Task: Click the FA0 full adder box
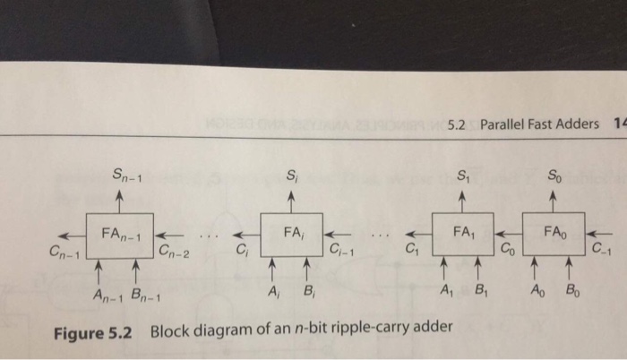[x=553, y=235]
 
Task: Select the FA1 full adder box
[x=463, y=235]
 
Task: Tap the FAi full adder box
[x=290, y=236]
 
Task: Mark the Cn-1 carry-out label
[x=65, y=254]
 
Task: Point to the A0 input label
[x=537, y=291]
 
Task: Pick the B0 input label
[x=571, y=291]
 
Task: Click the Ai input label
[x=273, y=292]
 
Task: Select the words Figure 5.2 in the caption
[x=93, y=332]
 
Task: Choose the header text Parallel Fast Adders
[x=540, y=123]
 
